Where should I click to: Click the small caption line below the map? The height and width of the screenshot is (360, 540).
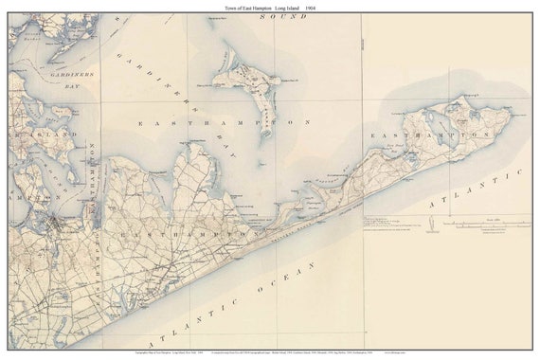(270, 351)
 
